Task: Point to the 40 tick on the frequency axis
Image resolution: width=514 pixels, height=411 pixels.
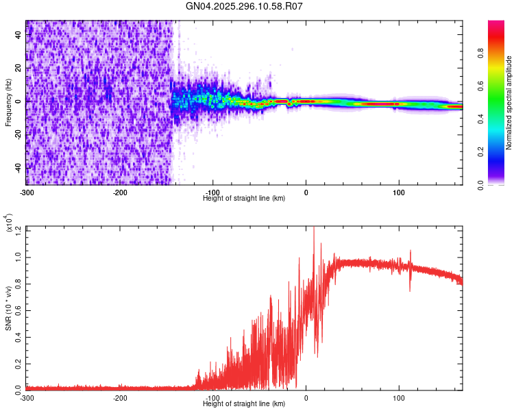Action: click(x=19, y=36)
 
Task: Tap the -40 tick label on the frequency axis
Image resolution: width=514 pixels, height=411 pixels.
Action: click(x=19, y=167)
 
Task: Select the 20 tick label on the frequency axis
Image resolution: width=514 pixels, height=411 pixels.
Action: click(x=19, y=68)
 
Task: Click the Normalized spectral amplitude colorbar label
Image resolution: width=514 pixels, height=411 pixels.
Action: click(x=509, y=103)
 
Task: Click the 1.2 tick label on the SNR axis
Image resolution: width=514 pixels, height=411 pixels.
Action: click(x=19, y=229)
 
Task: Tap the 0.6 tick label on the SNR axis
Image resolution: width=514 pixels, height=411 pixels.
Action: click(x=19, y=309)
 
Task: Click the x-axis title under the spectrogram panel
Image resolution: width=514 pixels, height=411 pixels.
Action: click(x=244, y=198)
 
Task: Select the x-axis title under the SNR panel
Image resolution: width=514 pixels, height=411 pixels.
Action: click(x=244, y=403)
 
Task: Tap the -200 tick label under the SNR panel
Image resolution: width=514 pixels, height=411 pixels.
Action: click(x=120, y=397)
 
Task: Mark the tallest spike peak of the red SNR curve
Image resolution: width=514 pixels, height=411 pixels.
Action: click(x=314, y=227)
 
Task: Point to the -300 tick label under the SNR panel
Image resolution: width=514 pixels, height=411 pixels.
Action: click(x=27, y=397)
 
